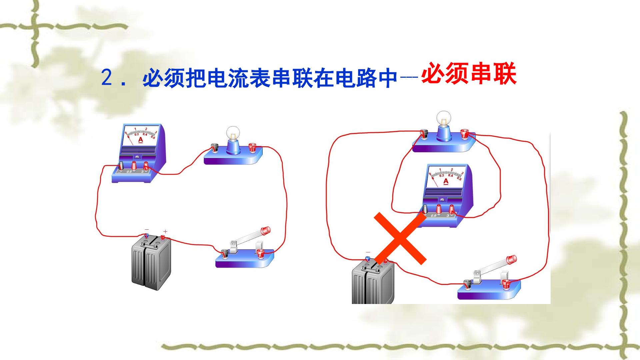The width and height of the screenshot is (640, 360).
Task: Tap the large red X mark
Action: tap(400, 238)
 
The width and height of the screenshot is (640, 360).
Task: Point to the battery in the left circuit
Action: tap(151, 262)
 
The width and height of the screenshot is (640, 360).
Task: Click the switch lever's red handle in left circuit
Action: tap(266, 230)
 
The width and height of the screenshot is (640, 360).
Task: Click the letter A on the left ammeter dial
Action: tap(140, 140)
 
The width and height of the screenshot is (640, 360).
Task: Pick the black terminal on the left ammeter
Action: tap(122, 166)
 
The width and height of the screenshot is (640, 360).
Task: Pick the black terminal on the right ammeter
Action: tap(425, 209)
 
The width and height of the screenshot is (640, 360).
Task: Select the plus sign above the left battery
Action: tap(165, 231)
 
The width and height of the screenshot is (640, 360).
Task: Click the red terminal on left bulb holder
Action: tap(252, 147)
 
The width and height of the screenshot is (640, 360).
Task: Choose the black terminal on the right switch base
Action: tap(467, 284)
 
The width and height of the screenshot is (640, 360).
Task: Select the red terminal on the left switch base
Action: tap(260, 254)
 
